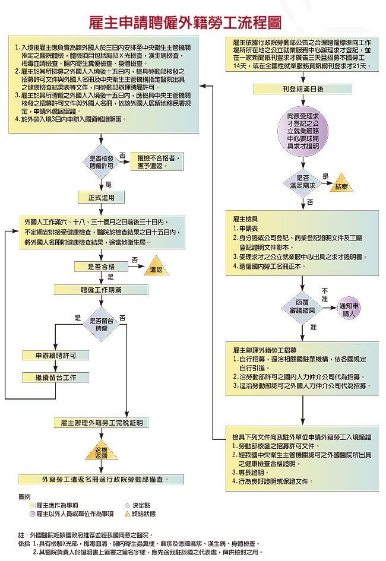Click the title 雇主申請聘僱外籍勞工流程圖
click(185, 23)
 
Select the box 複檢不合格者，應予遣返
click(158, 162)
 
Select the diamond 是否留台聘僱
click(102, 324)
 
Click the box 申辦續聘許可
click(55, 356)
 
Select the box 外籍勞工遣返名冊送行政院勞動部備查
click(101, 480)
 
